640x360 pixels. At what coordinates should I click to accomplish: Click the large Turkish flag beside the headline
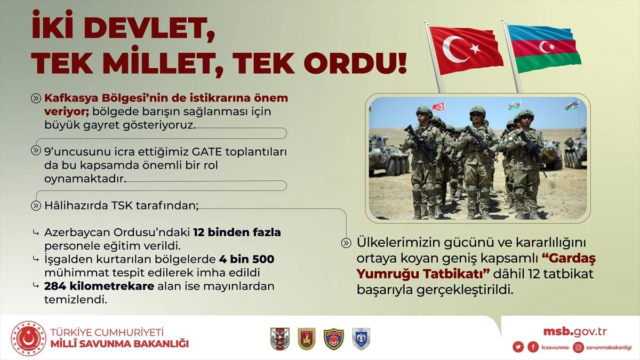tap(466, 50)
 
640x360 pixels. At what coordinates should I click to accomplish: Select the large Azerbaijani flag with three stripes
tap(543, 49)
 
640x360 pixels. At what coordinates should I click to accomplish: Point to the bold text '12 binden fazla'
tap(237, 233)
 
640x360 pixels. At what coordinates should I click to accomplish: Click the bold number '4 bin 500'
tap(247, 259)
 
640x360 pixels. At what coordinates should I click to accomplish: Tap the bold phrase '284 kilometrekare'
tap(99, 286)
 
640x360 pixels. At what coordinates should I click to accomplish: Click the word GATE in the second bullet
tap(207, 151)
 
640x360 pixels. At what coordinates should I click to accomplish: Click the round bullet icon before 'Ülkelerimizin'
tap(346, 243)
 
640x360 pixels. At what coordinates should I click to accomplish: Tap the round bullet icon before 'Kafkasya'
tap(36, 99)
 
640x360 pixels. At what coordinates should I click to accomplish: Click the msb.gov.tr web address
tap(575, 331)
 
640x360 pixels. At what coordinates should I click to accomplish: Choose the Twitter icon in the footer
tap(518, 347)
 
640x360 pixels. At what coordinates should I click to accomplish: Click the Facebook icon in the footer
tap(533, 347)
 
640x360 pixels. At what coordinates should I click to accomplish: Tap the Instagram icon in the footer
tap(579, 347)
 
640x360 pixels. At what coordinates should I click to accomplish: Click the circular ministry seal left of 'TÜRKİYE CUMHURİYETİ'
tap(28, 339)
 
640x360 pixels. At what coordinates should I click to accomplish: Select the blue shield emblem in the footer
tap(361, 339)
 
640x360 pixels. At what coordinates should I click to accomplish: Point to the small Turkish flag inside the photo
tap(438, 107)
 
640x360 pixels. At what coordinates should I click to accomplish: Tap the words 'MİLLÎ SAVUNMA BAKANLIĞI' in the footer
tap(119, 343)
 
